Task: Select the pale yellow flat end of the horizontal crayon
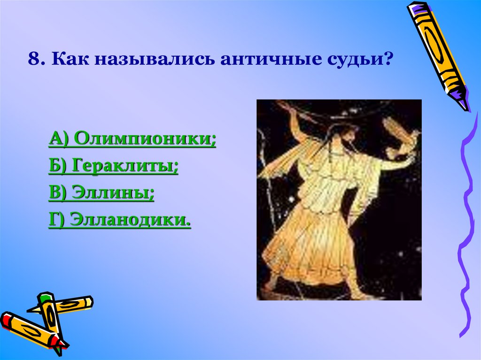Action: coord(88,301)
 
